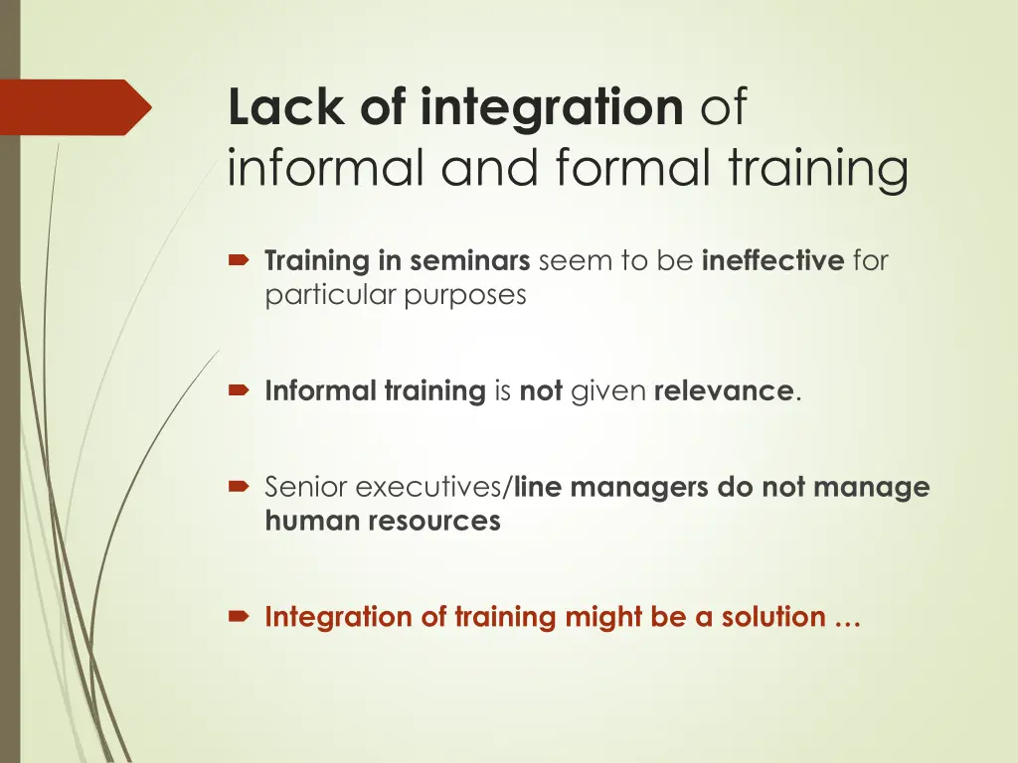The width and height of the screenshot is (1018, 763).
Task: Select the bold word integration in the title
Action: (552, 108)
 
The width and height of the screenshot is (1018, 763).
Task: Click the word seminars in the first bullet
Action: (469, 262)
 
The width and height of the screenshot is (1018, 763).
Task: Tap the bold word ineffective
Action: (772, 262)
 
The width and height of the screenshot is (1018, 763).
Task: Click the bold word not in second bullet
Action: (541, 391)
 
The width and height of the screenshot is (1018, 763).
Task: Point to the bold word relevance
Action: (724, 391)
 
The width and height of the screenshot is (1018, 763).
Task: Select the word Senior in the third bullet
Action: (306, 488)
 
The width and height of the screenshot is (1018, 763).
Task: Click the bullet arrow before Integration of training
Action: (240, 618)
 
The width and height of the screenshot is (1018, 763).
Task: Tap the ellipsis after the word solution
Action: (847, 619)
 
